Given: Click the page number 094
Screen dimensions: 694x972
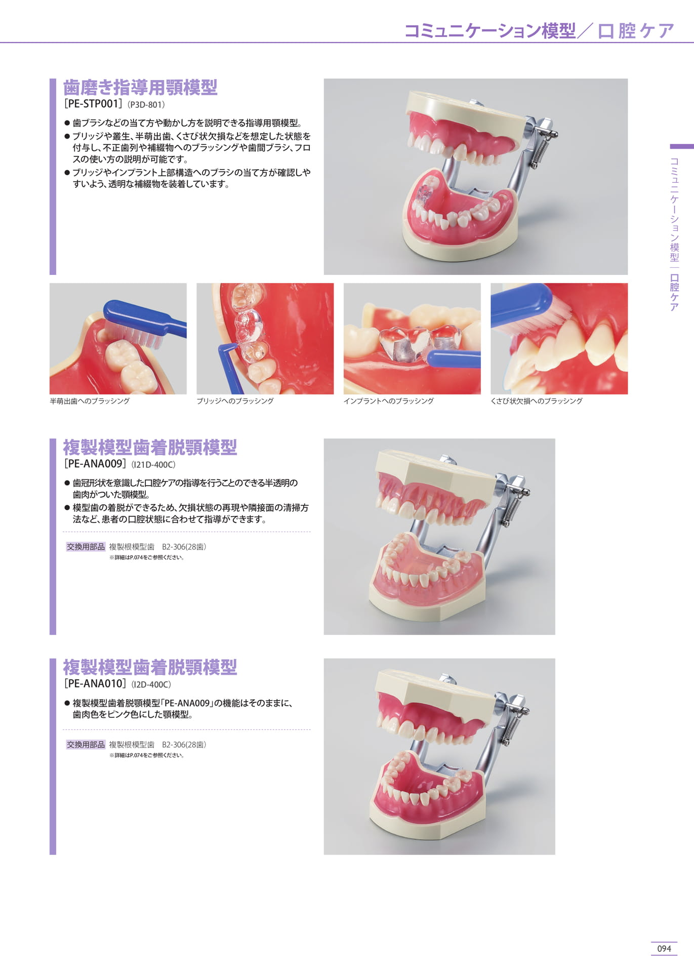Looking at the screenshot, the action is [664, 948].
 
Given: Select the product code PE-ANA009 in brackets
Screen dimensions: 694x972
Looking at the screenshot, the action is [95, 464].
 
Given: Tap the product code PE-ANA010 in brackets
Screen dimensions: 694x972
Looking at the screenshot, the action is [95, 684].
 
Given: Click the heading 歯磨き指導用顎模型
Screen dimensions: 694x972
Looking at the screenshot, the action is [140, 87].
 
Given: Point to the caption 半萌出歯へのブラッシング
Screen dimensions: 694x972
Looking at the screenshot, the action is [90, 401].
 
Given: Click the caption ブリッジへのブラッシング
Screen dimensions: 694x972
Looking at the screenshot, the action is [235, 401].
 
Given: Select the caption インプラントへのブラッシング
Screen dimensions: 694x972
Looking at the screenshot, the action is [388, 401].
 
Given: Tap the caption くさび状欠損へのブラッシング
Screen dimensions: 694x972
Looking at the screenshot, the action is [537, 401].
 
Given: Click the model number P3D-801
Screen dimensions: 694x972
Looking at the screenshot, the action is [146, 105].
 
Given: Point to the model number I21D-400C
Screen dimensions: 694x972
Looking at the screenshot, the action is [153, 465].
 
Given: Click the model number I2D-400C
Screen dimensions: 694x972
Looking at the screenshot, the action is [151, 685].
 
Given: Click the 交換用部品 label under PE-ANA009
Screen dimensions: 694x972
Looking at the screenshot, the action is [86, 547].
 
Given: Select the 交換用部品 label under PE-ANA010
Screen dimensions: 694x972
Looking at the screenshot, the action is [86, 745].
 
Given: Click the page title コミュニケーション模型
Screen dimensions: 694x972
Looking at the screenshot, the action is [490, 31].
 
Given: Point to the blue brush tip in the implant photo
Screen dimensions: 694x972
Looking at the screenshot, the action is [453, 358].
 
